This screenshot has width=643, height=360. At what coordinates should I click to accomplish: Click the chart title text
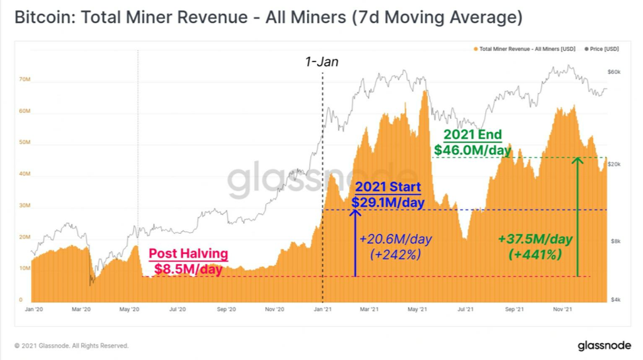click(x=269, y=17)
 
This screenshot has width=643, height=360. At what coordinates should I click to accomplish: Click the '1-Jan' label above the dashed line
click(x=321, y=62)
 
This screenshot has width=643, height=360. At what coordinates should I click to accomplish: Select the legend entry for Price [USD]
click(x=601, y=49)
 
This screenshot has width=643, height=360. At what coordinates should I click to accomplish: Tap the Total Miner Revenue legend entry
click(x=524, y=49)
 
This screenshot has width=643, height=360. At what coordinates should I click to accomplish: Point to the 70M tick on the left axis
click(x=24, y=79)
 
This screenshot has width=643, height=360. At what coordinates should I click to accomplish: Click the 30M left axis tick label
click(x=24, y=205)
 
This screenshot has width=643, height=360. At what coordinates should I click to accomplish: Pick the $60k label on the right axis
click(x=614, y=72)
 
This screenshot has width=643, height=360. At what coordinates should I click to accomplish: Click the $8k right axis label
click(x=615, y=241)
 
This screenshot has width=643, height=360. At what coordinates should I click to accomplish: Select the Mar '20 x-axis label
click(x=81, y=309)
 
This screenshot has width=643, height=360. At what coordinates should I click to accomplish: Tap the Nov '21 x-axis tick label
click(x=562, y=309)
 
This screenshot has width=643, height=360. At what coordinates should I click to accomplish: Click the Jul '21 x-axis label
click(x=465, y=309)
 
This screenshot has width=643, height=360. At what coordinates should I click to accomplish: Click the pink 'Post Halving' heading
click(x=188, y=254)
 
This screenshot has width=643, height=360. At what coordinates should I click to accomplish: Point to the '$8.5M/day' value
click(x=188, y=270)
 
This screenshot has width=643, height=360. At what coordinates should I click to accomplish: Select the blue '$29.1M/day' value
click(x=388, y=202)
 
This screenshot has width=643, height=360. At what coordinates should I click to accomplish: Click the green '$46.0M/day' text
click(x=473, y=150)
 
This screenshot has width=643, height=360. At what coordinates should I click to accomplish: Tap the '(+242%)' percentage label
click(x=395, y=254)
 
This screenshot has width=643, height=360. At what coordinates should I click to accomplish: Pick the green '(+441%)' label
click(x=535, y=254)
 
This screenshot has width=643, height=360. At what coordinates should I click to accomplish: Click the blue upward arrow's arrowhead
click(x=355, y=213)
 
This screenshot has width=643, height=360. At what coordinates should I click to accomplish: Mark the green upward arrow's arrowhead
click(x=578, y=161)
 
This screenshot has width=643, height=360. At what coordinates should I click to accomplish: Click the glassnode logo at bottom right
click(x=605, y=346)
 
